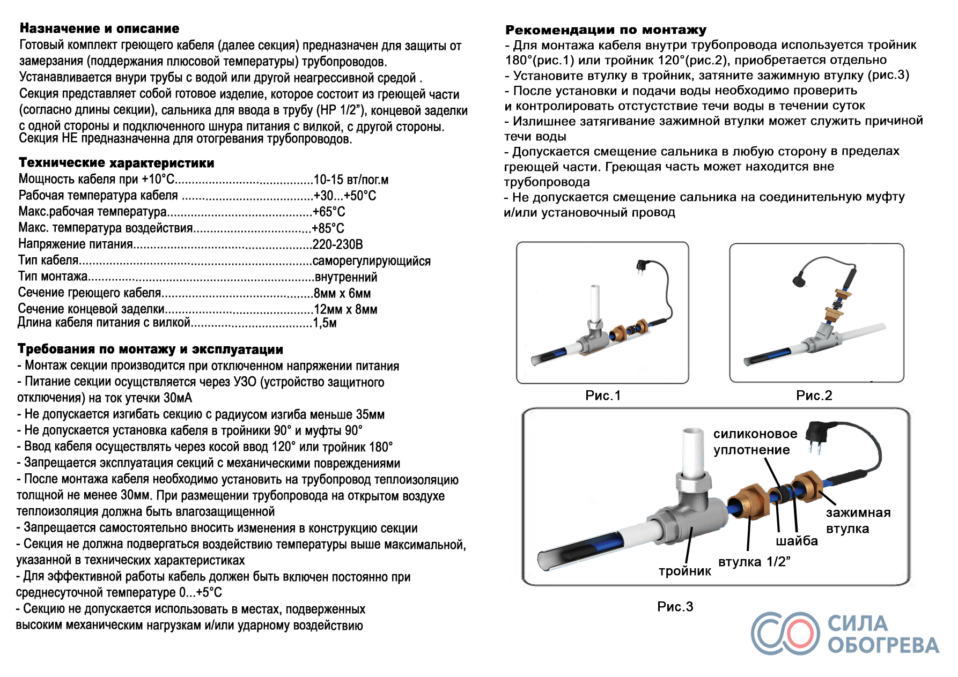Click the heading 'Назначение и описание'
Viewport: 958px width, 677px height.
(100, 28)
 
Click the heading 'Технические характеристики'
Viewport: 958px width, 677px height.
(116, 162)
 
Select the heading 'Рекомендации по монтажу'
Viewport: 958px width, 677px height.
(606, 30)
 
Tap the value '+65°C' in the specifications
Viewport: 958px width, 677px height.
(329, 212)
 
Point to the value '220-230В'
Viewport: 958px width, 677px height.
(338, 244)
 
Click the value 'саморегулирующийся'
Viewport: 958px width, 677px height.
(372, 261)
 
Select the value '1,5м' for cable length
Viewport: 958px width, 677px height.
(325, 323)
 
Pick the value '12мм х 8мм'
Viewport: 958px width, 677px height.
(345, 309)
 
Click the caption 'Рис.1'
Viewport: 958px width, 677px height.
(603, 396)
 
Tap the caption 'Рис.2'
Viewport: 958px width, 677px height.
(814, 396)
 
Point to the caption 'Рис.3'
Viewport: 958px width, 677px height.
(675, 607)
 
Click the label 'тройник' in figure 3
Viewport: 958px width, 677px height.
(685, 571)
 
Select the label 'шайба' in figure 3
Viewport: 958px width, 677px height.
(797, 541)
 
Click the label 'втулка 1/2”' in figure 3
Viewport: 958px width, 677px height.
(754, 562)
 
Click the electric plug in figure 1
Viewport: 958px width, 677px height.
(642, 267)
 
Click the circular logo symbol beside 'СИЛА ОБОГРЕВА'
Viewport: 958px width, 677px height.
(785, 634)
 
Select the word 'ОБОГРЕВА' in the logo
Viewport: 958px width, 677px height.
(883, 645)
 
